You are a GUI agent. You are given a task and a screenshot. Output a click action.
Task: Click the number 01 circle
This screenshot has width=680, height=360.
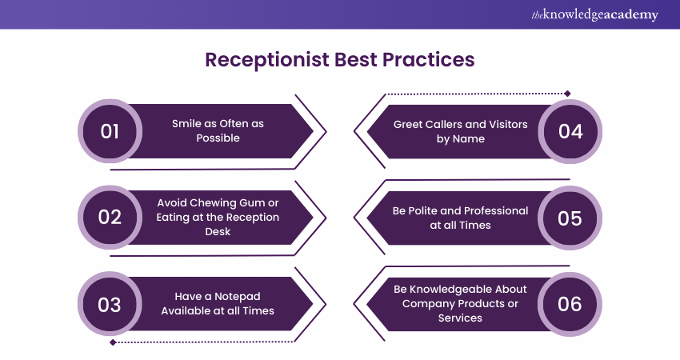point(110,131)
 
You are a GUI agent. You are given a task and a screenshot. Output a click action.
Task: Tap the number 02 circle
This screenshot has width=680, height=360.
point(110,218)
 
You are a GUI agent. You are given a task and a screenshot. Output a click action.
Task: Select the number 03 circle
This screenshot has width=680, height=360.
point(110,304)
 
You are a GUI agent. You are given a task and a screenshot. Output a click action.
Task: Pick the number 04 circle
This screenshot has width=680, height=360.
point(570,131)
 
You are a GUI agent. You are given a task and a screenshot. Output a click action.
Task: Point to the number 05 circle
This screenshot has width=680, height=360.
point(570,218)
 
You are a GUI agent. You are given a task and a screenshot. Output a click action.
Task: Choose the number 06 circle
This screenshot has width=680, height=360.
point(570,304)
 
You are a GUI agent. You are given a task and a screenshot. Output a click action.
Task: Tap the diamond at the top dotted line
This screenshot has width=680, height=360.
point(566,94)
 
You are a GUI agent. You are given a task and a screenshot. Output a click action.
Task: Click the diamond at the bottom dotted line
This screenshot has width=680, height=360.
point(113,342)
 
